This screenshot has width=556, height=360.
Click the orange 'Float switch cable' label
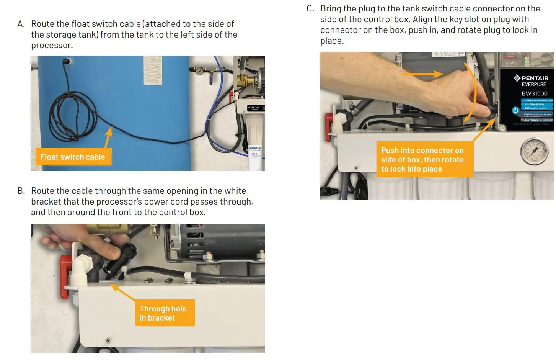73,157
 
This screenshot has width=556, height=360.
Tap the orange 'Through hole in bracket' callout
165,313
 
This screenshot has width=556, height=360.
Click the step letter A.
21,24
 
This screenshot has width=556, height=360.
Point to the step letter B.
21,191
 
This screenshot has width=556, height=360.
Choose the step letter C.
310,8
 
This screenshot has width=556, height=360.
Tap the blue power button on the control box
515,110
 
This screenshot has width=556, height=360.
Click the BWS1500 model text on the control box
534,93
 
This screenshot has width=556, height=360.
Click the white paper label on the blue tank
153,70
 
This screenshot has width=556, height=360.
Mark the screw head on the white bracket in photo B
108,340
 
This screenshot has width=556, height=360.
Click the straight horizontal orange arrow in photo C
421,74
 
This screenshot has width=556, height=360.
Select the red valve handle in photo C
329,126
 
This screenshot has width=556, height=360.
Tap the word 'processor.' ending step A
52,45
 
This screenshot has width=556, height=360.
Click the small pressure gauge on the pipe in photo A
199,71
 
